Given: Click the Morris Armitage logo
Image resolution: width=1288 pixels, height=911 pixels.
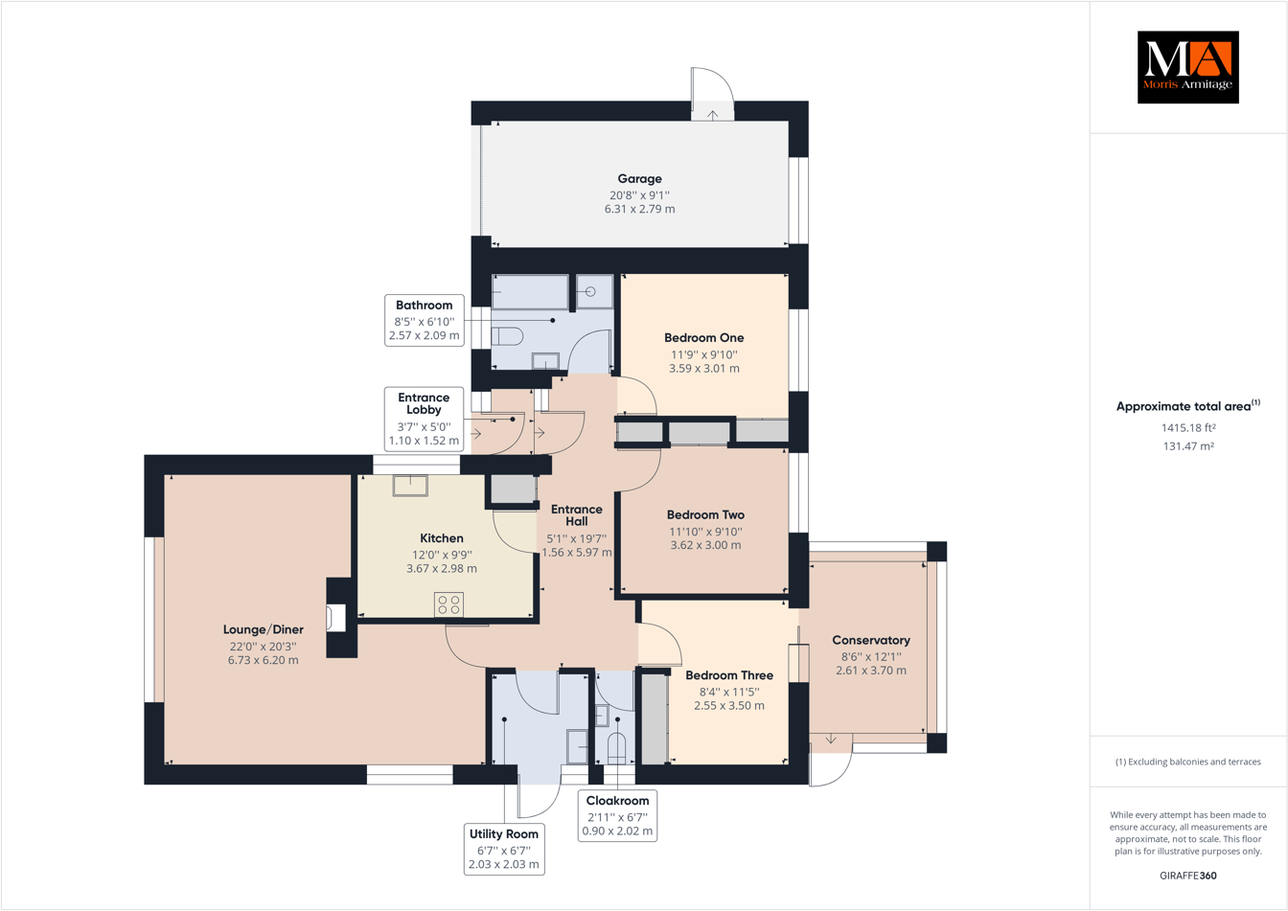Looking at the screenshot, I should pyautogui.click(x=1187, y=67).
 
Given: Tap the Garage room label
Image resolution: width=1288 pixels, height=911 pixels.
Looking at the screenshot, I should pyautogui.click(x=639, y=179).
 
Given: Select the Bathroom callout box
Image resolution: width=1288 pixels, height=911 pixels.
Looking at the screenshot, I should pyautogui.click(x=424, y=321).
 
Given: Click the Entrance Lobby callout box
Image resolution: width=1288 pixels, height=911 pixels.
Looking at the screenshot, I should pyautogui.click(x=424, y=420).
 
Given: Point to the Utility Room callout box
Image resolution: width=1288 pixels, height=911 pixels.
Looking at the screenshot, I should pyautogui.click(x=503, y=849).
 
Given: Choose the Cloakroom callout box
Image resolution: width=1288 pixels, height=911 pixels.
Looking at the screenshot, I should pyautogui.click(x=617, y=815).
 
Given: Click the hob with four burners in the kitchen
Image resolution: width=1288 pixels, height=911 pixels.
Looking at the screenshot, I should pyautogui.click(x=448, y=604).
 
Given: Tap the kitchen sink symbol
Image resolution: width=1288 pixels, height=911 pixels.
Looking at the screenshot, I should pyautogui.click(x=410, y=486).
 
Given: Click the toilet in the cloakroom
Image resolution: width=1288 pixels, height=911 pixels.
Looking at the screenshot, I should pyautogui.click(x=617, y=747).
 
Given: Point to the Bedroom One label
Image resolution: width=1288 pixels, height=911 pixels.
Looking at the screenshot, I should pyautogui.click(x=703, y=338).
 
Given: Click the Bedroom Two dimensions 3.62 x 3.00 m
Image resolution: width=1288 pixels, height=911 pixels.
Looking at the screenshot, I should pyautogui.click(x=704, y=545).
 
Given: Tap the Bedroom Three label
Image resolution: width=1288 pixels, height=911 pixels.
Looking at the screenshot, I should pyautogui.click(x=729, y=675).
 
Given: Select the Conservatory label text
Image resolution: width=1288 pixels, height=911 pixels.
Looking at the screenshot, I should pyautogui.click(x=870, y=640).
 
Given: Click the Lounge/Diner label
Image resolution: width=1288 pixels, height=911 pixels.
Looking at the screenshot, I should pyautogui.click(x=263, y=629).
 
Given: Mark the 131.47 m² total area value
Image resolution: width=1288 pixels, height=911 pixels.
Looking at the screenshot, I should pyautogui.click(x=1187, y=446).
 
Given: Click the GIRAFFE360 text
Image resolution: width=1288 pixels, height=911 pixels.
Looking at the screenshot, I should pyautogui.click(x=1187, y=876).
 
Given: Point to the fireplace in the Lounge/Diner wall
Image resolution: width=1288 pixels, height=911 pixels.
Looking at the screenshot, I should pyautogui.click(x=335, y=618).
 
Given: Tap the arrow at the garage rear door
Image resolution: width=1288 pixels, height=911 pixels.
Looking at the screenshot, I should pyautogui.click(x=713, y=115).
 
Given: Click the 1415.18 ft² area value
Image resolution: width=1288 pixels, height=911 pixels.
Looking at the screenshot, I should pyautogui.click(x=1187, y=428).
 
